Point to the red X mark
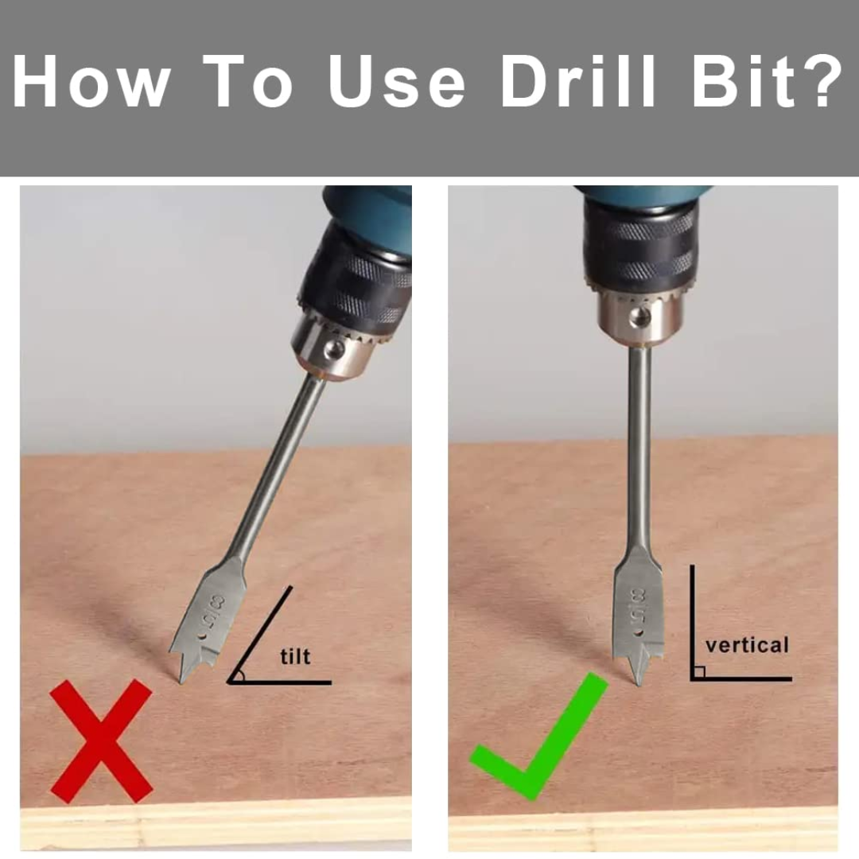click(x=101, y=740)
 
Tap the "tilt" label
click(x=295, y=657)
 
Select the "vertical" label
click(x=747, y=644)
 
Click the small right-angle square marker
click(x=698, y=673)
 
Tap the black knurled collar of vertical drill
click(x=640, y=247)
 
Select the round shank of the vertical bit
click(x=639, y=445)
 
